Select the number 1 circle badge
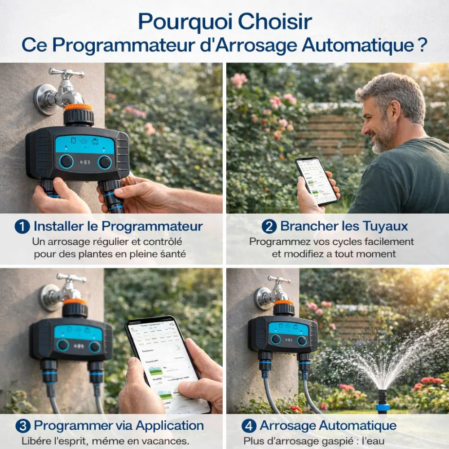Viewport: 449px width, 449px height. (22, 226)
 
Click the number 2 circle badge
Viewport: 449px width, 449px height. (269, 226)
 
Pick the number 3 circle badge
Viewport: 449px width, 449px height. (22, 426)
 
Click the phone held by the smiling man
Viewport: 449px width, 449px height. (316, 180)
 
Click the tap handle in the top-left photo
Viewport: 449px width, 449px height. (66, 73)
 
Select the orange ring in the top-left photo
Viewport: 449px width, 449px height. (78, 107)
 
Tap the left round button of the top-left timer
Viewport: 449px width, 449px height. (66, 161)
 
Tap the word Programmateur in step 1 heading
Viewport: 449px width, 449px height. (152, 226)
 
